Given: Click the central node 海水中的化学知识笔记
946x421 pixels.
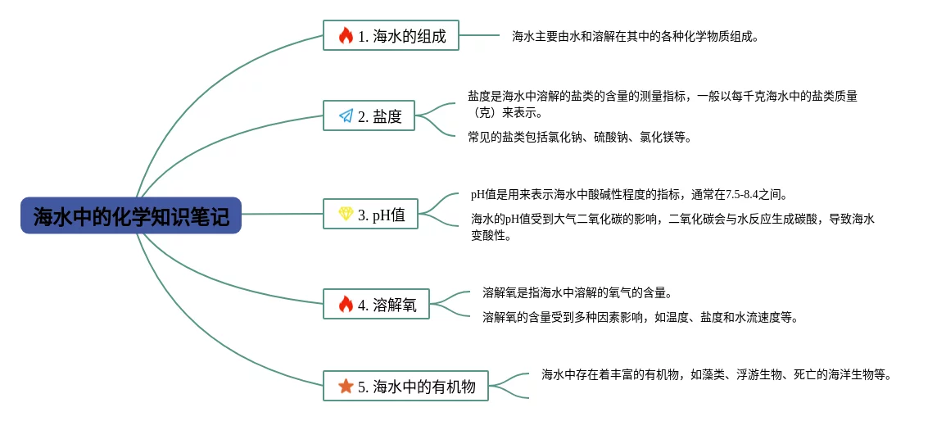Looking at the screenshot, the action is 131,215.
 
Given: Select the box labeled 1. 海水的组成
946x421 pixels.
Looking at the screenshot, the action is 391,35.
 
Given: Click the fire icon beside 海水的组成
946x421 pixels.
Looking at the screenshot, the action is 346,35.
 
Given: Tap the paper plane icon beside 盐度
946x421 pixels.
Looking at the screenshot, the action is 346,116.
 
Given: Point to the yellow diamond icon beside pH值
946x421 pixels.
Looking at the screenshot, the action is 346,215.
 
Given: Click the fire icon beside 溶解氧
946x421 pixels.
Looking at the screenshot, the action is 346,305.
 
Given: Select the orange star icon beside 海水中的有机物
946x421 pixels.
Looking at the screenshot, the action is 346,386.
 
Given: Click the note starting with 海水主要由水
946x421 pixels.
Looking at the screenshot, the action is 636,36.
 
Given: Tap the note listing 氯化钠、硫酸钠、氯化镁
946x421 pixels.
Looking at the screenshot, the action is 580,138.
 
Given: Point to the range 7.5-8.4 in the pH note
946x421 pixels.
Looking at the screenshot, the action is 745,195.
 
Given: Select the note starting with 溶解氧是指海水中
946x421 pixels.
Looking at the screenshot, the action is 577,292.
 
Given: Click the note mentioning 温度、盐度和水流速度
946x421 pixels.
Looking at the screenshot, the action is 640,318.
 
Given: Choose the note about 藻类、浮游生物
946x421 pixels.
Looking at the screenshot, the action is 716,375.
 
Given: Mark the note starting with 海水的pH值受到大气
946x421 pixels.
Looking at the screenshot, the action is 672,227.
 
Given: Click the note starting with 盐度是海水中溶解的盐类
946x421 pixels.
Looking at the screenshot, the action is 662,104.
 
